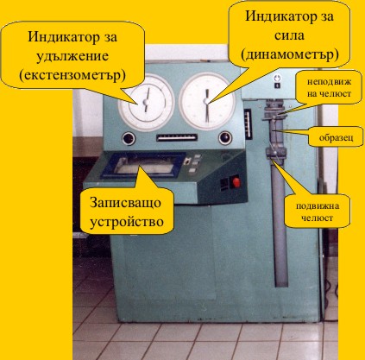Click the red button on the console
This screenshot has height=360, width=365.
click(236, 182)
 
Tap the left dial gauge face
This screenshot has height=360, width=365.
click(147, 103)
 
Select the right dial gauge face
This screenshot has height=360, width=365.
click(207, 101)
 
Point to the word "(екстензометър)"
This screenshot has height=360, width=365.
click(72, 75)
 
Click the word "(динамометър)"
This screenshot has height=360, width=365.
click(290, 54)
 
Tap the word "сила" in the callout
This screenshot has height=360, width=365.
click(289, 35)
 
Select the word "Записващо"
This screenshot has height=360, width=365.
click(125, 203)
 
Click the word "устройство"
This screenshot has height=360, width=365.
click(127, 222)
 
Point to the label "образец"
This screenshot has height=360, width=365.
click(336, 137)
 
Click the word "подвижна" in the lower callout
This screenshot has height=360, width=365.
click(318, 205)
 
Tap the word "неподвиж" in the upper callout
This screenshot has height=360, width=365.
click(329, 81)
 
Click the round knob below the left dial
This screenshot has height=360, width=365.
click(129, 139)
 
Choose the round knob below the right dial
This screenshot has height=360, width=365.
click(225, 138)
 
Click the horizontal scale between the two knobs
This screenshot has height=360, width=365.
click(177, 137)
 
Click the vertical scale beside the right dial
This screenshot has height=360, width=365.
click(248, 124)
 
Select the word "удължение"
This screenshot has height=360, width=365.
click(72, 56)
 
